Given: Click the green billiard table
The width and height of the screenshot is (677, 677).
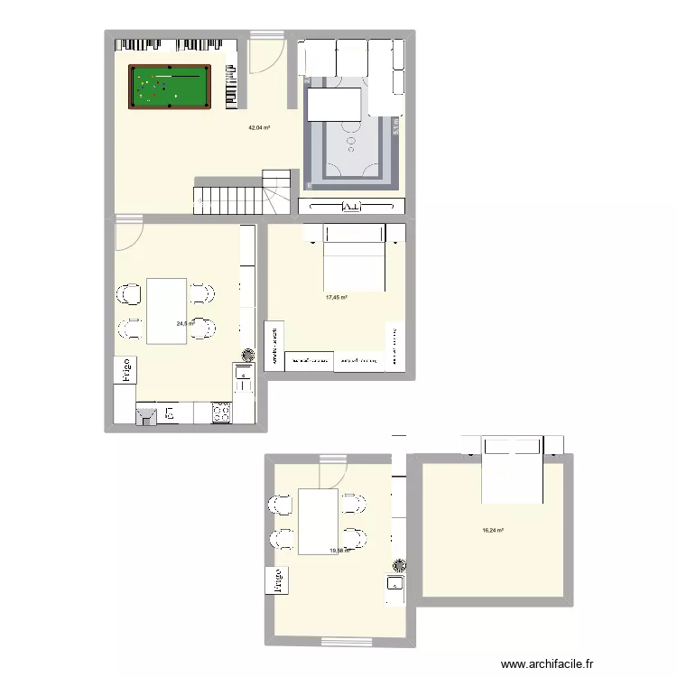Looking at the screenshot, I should [x=171, y=87].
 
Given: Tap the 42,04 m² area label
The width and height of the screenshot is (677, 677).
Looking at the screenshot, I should [x=260, y=128].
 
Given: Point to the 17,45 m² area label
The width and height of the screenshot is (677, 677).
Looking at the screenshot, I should [x=337, y=297].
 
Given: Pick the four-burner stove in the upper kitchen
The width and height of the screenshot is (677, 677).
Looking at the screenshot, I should [x=221, y=413].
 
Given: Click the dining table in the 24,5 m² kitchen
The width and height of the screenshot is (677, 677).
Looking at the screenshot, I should [x=167, y=311].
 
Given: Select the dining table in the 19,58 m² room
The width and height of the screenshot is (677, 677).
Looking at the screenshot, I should [x=319, y=520].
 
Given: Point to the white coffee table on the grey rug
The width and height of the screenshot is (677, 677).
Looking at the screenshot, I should [x=335, y=103].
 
